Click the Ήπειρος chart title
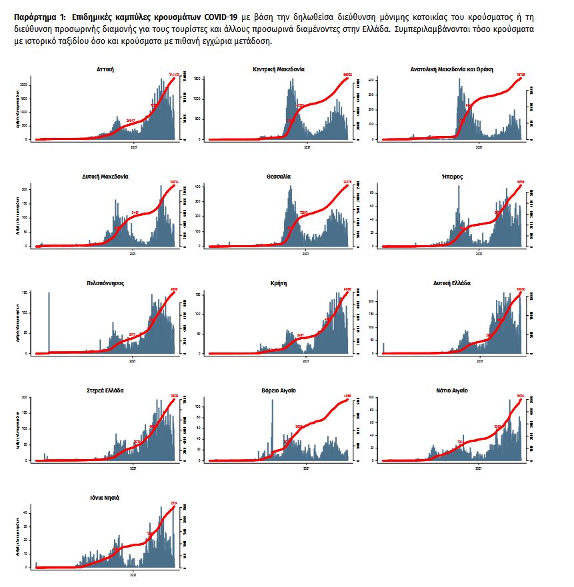pyautogui.click(x=452, y=177)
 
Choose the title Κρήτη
pyautogui.click(x=279, y=283)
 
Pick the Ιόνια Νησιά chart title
pyautogui.click(x=105, y=498)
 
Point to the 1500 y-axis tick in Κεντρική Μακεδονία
pyautogui.click(x=198, y=79)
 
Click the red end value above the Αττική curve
pyautogui.click(x=176, y=75)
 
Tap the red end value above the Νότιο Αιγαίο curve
pyautogui.click(x=522, y=396)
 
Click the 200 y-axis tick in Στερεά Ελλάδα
pyautogui.click(x=27, y=398)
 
